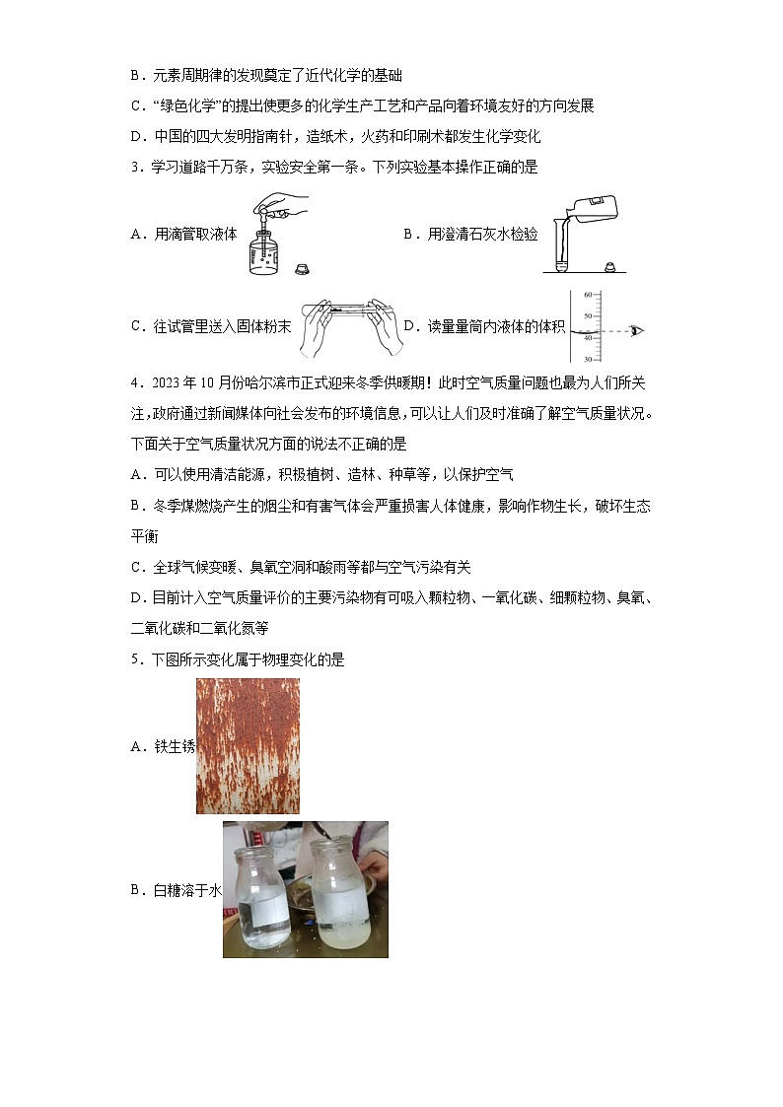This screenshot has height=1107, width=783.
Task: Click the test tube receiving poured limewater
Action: (562, 251)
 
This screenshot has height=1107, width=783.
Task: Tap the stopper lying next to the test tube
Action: (609, 267)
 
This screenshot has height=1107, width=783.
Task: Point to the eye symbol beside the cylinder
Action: (635, 329)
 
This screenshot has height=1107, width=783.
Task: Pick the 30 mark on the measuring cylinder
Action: (587, 359)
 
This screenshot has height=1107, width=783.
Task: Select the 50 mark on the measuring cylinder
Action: (587, 315)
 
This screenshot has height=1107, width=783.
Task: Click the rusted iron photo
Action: (248, 746)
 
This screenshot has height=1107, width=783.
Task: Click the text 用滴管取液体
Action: (196, 234)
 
